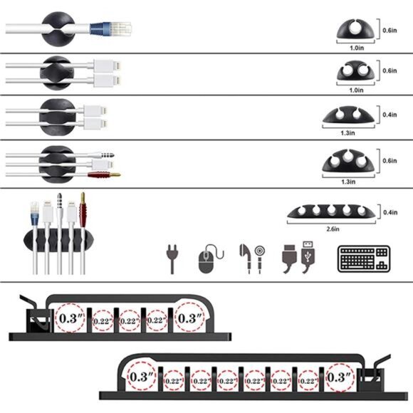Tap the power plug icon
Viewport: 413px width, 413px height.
point(172,260)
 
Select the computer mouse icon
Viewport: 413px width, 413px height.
point(206,260)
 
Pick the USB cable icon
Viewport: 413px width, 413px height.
point(298,260)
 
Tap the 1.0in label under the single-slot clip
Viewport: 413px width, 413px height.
point(357,48)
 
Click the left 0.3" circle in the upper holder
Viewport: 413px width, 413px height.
point(69,317)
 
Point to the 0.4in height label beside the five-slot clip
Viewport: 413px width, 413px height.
point(389,212)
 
